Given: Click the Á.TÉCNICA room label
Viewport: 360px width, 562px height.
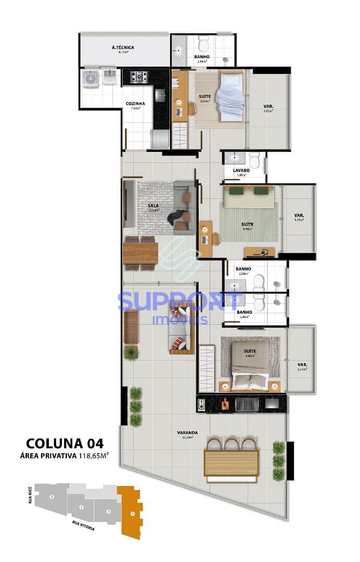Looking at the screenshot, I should click(123, 48).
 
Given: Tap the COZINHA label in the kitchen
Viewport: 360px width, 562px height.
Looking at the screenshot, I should click(135, 104).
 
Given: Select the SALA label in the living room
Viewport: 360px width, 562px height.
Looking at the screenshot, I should click(153, 206).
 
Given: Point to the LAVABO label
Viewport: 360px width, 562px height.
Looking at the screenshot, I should click(241, 170).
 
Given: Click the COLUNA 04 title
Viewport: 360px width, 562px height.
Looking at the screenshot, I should click(65, 443).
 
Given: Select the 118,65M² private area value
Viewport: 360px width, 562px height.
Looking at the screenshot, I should click(93, 456).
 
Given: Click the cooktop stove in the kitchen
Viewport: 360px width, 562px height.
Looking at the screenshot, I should click(138, 77).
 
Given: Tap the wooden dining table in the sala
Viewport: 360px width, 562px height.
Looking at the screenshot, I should click(140, 253).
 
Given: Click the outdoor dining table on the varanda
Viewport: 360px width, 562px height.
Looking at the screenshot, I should click(232, 463).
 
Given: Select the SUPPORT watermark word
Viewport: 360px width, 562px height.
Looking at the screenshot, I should click(179, 302).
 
